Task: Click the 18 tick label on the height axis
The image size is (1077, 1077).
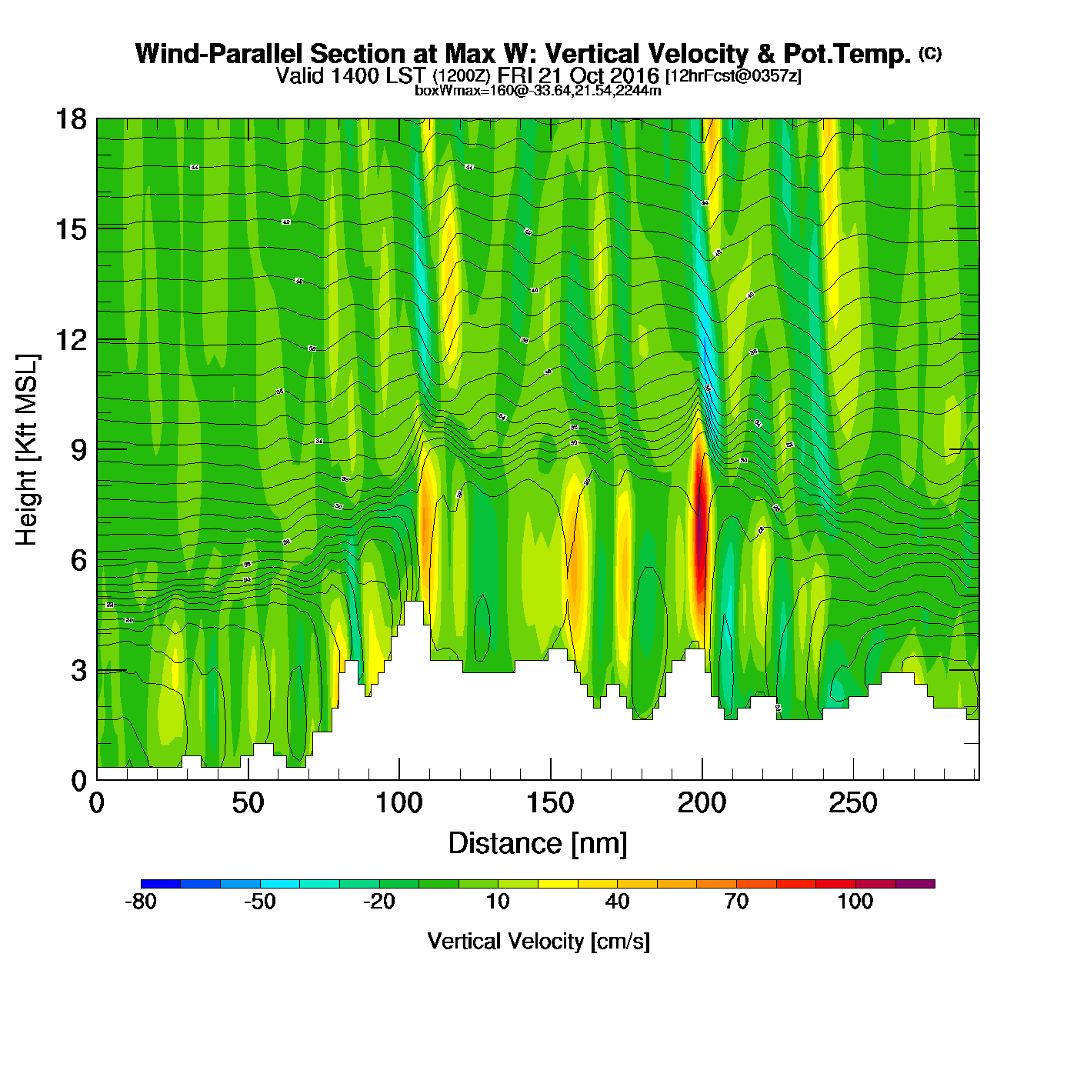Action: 70,119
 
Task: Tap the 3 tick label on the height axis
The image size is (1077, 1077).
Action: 78,671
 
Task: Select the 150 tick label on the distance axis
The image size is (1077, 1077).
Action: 550,804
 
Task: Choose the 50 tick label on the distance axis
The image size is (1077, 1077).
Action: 248,804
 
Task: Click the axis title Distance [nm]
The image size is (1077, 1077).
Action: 538,844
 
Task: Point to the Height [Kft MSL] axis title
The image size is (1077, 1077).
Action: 27,450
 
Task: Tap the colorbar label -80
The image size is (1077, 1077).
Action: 140,902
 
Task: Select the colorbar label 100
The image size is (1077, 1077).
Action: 855,902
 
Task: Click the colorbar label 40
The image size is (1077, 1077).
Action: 617,902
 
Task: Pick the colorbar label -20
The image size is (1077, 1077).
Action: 378,902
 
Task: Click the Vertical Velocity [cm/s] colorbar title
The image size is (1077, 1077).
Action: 538,942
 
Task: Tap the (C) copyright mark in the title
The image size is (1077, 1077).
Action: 930,53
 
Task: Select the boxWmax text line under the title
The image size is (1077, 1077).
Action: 538,91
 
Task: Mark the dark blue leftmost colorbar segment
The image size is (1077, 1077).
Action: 161,884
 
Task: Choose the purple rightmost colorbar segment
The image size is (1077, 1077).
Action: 915,884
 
